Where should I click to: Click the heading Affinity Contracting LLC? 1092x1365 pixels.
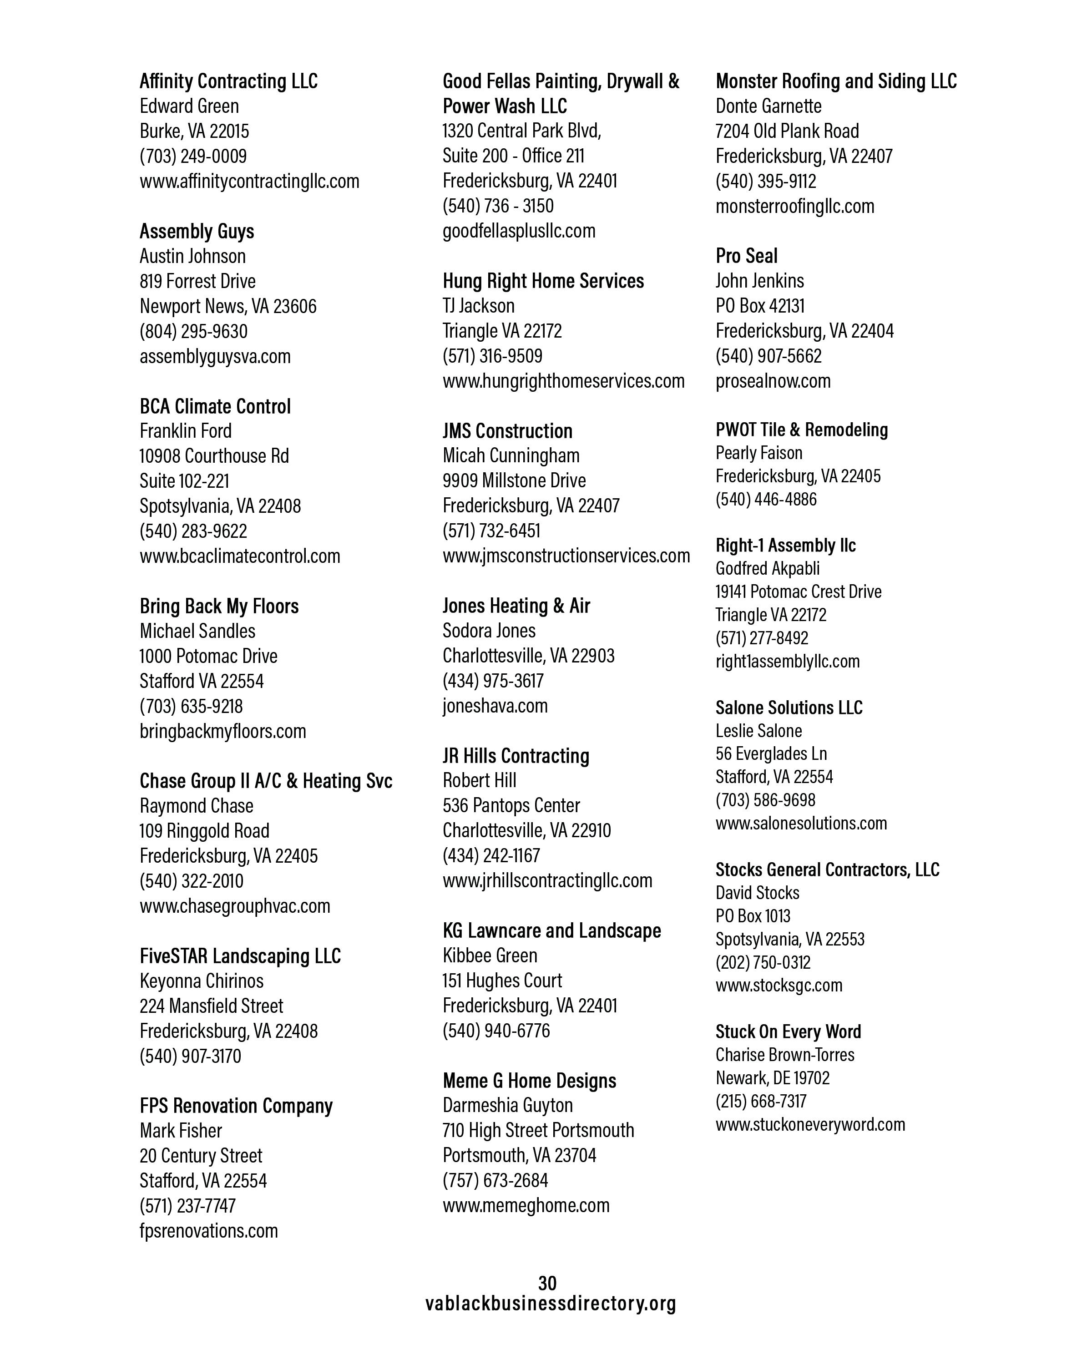228,81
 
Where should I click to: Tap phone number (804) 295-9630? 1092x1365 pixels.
194,331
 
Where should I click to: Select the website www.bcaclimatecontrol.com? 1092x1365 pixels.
240,556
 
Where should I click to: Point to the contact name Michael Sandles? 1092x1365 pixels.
197,631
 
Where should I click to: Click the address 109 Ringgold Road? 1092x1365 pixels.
204,831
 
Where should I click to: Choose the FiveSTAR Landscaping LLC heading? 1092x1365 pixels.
240,955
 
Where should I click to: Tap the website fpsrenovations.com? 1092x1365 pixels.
209,1230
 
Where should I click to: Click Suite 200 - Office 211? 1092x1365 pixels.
513,156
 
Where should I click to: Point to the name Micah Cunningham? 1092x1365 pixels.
511,455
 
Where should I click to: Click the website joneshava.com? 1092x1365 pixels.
495,705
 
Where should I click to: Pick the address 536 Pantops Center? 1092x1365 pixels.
511,805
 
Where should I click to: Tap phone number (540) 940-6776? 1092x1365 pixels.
496,1030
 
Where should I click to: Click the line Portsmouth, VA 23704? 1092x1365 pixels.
519,1155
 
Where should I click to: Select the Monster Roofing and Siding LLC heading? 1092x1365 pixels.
836,81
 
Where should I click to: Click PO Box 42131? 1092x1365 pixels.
760,306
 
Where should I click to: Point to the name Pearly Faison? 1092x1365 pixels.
759,453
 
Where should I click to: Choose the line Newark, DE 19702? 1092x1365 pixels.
772,1077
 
